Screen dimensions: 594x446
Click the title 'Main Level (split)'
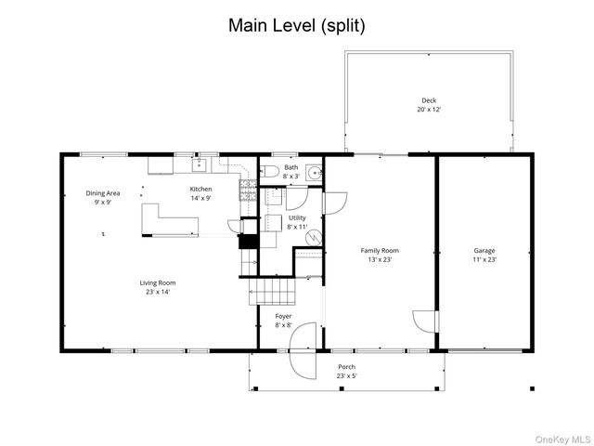[x=297, y=26]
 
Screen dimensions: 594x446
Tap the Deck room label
[x=429, y=100]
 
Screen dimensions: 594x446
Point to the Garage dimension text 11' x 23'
[x=484, y=260]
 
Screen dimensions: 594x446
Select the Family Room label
[x=380, y=251]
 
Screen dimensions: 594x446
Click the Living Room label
[x=158, y=282]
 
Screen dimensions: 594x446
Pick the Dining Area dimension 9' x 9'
[x=103, y=203]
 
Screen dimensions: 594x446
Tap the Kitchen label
[x=200, y=189]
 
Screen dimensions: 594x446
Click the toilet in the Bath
[x=269, y=172]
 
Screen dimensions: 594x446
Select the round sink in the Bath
[x=314, y=173]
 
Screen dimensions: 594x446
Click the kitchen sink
[x=199, y=165]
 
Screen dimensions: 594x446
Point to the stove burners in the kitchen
[x=248, y=190]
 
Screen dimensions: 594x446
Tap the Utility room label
[x=297, y=218]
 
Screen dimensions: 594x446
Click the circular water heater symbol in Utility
[x=314, y=238]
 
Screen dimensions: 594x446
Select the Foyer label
[x=283, y=316]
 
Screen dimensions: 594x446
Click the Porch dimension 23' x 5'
[x=346, y=376]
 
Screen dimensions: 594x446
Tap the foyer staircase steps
[x=272, y=292]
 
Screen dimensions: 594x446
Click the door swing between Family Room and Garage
[x=424, y=322]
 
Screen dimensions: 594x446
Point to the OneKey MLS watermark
[x=562, y=439]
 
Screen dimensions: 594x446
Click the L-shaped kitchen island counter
[x=170, y=220]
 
